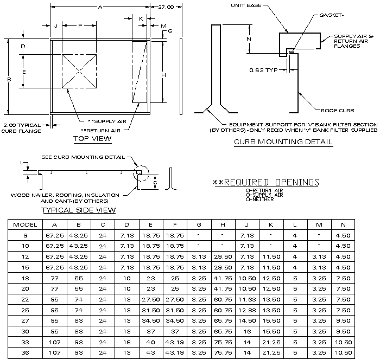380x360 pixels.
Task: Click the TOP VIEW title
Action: point(92,139)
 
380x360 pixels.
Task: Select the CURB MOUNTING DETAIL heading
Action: point(283,143)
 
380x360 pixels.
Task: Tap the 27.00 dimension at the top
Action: point(166,8)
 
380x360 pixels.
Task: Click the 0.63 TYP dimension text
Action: point(264,70)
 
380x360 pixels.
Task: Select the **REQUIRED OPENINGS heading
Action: point(265,182)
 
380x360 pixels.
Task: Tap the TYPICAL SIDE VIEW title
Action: point(78,210)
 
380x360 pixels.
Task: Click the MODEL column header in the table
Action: point(25,224)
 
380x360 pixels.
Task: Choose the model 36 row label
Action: point(25,353)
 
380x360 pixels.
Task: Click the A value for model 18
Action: point(54,278)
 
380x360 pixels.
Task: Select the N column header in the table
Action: point(342,224)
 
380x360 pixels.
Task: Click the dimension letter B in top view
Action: point(9,79)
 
